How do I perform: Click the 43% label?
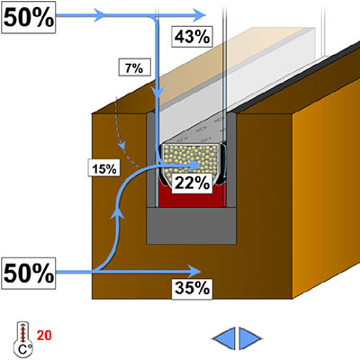(192, 37)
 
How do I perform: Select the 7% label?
(134, 68)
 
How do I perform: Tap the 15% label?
(104, 168)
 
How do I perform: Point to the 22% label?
(192, 183)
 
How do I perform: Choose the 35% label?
(192, 289)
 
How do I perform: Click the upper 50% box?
(29, 17)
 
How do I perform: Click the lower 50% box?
(29, 273)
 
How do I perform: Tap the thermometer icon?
(22, 339)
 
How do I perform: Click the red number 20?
(44, 335)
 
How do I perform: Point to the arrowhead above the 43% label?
(199, 15)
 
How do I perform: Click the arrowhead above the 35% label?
(194, 272)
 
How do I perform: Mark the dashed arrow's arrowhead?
(122, 145)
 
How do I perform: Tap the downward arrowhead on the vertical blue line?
(157, 93)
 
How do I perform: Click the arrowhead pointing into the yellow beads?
(194, 165)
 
